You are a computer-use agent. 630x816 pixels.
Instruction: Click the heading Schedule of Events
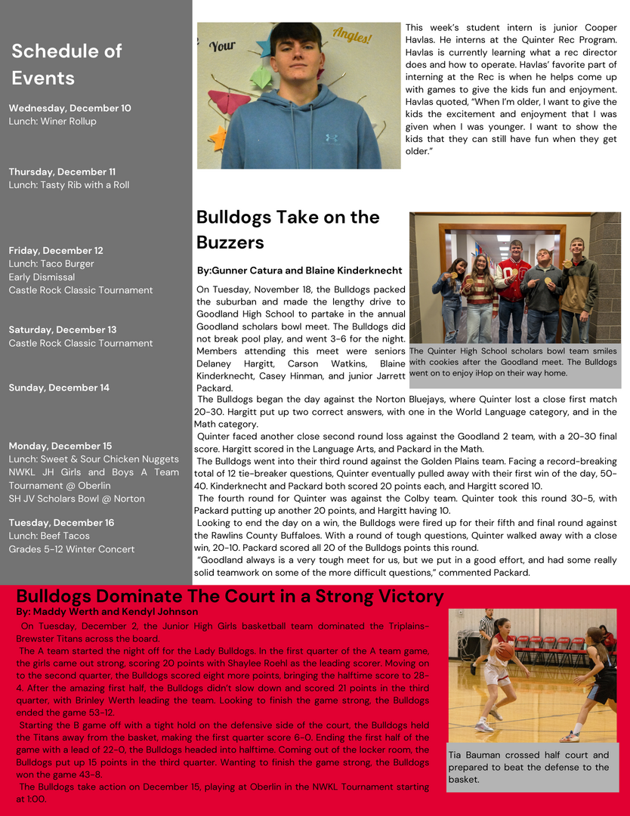pyautogui.click(x=66, y=65)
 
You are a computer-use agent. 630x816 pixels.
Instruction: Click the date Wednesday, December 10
pyautogui.click(x=69, y=108)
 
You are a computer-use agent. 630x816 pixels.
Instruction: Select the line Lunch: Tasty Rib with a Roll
pyautogui.click(x=69, y=185)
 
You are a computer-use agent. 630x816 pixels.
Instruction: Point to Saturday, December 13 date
pyautogui.click(x=63, y=329)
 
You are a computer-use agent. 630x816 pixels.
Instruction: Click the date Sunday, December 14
pyautogui.click(x=59, y=388)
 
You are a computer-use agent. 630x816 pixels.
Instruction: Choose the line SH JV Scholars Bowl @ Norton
pyautogui.click(x=76, y=499)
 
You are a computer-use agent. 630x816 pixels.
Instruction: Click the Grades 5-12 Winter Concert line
pyautogui.click(x=72, y=549)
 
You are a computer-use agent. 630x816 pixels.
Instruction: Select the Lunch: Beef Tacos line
pyautogui.click(x=49, y=536)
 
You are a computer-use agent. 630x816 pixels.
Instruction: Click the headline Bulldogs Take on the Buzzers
pyautogui.click(x=288, y=230)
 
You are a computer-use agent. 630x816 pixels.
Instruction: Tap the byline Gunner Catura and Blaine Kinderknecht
pyautogui.click(x=299, y=270)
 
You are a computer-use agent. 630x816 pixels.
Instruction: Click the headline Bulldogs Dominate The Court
pyautogui.click(x=230, y=596)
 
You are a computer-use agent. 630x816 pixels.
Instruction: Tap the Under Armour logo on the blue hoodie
pyautogui.click(x=331, y=138)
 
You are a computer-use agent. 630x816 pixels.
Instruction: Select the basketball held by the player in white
pyautogui.click(x=505, y=651)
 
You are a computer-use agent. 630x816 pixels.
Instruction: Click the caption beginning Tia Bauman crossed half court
pyautogui.click(x=528, y=767)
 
